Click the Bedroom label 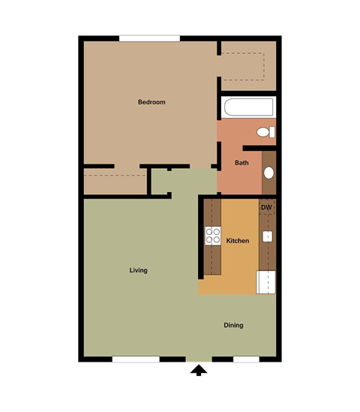pyautogui.click(x=151, y=102)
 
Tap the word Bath pyautogui.click(x=241, y=163)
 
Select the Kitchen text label pyautogui.click(x=238, y=241)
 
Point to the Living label pyautogui.click(x=138, y=270)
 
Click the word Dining pyautogui.click(x=233, y=325)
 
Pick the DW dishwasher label pyautogui.click(x=266, y=207)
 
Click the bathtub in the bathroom pyautogui.click(x=247, y=107)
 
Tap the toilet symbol pyautogui.click(x=265, y=133)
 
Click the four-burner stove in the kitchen pyautogui.click(x=212, y=236)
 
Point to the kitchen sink pyautogui.click(x=266, y=237)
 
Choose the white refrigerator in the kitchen pyautogui.click(x=266, y=282)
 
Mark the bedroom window pyautogui.click(x=149, y=38)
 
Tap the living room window pyautogui.click(x=136, y=359)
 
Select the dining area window pyautogui.click(x=246, y=359)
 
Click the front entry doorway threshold pyautogui.click(x=199, y=359)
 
